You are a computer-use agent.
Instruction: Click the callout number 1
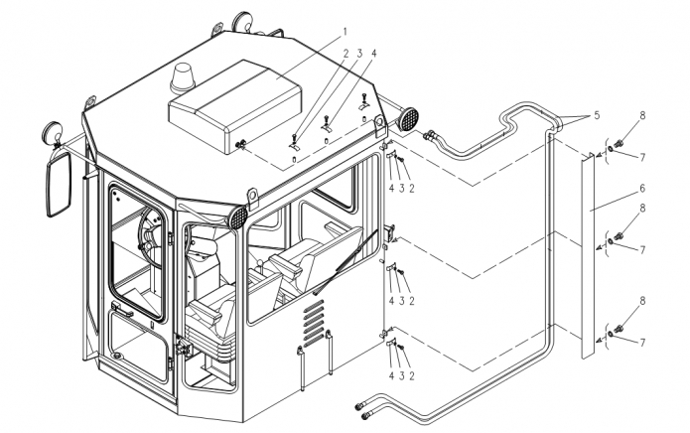point(345,32)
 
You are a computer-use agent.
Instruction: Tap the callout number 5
point(597,115)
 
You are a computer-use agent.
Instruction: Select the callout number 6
point(642,189)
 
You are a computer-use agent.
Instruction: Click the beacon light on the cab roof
point(183,78)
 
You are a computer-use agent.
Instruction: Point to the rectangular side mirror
point(59,184)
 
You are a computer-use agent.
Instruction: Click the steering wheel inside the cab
point(150,233)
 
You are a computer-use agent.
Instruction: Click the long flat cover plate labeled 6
point(588,255)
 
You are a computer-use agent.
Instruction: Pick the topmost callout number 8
point(642,116)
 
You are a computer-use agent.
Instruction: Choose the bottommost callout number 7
point(642,343)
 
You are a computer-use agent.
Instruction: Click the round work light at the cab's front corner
point(238,217)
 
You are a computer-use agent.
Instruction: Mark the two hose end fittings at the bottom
point(362,410)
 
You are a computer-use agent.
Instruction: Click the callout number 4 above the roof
point(374,54)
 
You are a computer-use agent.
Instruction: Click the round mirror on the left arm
point(53,131)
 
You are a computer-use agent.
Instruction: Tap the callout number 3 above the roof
point(359,54)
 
